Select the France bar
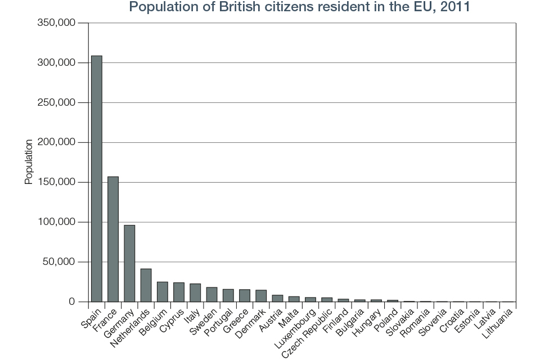pos(113,239)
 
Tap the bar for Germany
pos(129,263)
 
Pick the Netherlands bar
pos(146,285)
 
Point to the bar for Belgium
pos(162,291)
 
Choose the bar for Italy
pos(195,292)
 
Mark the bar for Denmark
pos(261,296)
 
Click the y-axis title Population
pos(29,163)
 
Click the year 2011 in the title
pos(454,7)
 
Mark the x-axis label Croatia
pos(451,318)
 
